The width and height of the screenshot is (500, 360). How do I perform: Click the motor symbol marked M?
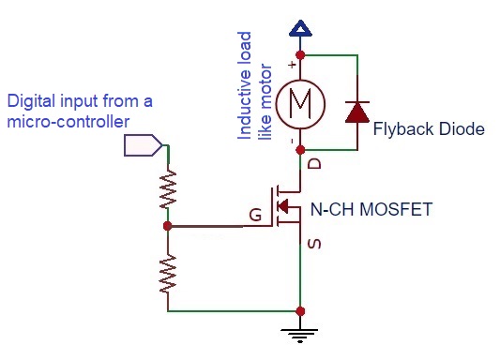tap(300, 104)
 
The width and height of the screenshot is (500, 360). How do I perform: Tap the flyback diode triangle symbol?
tap(357, 112)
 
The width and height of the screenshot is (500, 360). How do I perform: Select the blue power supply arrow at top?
tap(300, 28)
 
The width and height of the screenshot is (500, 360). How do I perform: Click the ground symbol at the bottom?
tap(300, 336)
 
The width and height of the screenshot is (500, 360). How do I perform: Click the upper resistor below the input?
tap(168, 189)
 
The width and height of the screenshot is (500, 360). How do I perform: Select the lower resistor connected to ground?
tap(168, 274)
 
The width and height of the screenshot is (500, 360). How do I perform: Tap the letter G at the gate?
tap(255, 215)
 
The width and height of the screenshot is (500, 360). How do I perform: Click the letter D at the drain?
tap(314, 164)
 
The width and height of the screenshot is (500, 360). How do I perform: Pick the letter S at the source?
tap(314, 244)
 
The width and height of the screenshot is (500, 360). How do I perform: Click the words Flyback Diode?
tap(429, 129)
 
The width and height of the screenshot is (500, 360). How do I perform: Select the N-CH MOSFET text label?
tap(371, 209)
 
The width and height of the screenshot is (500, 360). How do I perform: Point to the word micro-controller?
tap(68, 122)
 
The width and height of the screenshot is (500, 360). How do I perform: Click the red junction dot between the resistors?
tap(167, 226)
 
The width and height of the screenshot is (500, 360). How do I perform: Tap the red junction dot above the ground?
tap(300, 311)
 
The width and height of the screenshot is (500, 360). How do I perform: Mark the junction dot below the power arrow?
tap(300, 55)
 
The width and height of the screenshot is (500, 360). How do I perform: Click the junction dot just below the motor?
tap(300, 150)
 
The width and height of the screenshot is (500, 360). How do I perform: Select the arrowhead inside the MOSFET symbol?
tap(282, 206)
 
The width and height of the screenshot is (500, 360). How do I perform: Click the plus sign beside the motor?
tap(292, 65)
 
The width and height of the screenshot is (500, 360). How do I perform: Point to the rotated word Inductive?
tap(245, 85)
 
